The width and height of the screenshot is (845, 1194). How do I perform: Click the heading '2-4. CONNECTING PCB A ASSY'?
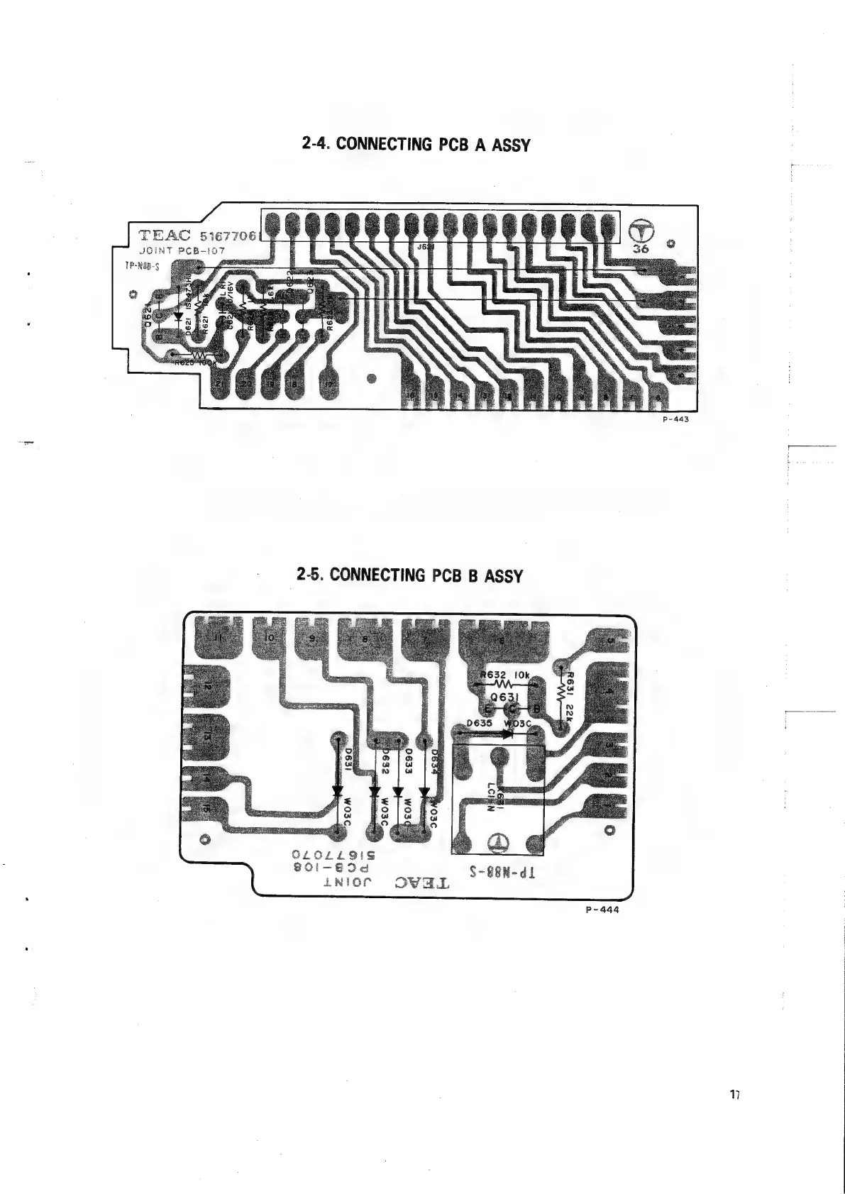pos(416,144)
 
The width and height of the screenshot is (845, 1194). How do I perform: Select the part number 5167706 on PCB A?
pos(231,236)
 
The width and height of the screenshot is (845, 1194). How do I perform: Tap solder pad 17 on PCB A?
pos(329,385)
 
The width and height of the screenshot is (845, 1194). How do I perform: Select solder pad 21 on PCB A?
pos(220,383)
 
